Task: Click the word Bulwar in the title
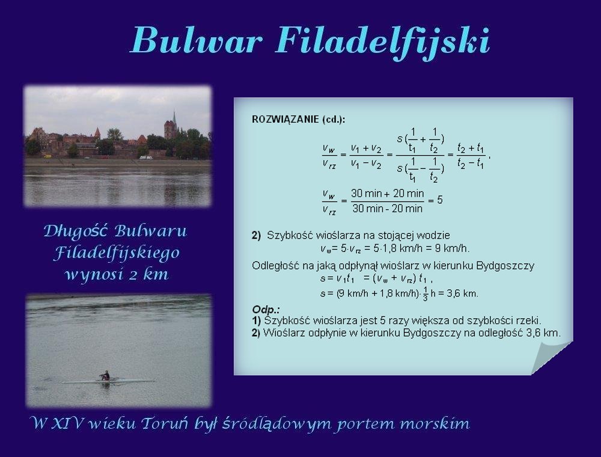coord(197,40)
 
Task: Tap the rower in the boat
coord(105,375)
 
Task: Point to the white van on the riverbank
coord(145,157)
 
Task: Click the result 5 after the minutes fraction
coord(440,200)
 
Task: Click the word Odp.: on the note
coord(266,310)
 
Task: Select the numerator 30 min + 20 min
coord(388,193)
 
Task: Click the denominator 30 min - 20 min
coord(388,209)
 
